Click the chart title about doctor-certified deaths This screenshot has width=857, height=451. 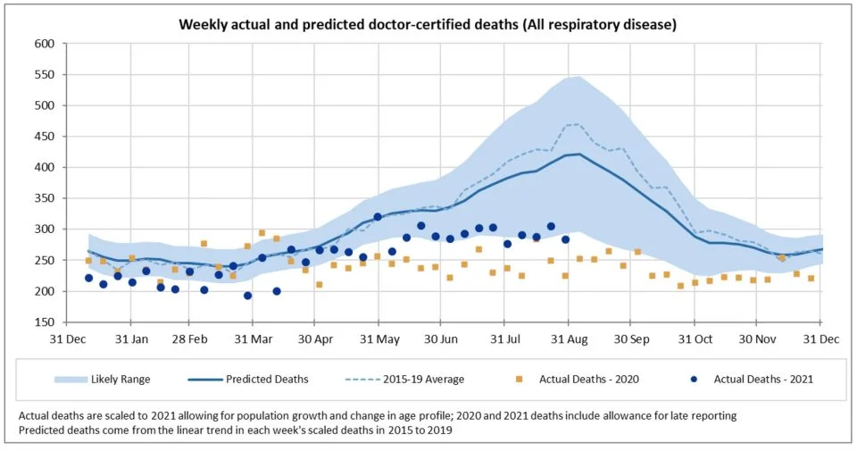coord(428,24)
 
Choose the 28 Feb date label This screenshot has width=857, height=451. coord(190,339)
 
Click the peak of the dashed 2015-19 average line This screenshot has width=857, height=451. coord(577,124)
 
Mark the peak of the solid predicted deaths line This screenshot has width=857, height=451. coord(580,154)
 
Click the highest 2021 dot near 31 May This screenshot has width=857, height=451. coord(378,217)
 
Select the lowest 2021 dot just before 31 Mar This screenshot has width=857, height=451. coord(247,296)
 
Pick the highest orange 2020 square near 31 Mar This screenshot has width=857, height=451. coord(262,233)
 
